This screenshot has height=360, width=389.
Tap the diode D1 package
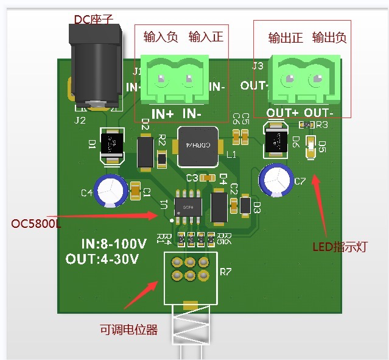(111, 146)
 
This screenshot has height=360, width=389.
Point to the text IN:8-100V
(113, 244)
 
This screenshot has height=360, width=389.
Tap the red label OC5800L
(36, 224)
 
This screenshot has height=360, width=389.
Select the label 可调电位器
(128, 330)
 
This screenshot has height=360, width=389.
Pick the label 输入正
(206, 37)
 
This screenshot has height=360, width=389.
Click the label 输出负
(329, 38)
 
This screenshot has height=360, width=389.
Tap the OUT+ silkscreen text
(282, 113)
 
